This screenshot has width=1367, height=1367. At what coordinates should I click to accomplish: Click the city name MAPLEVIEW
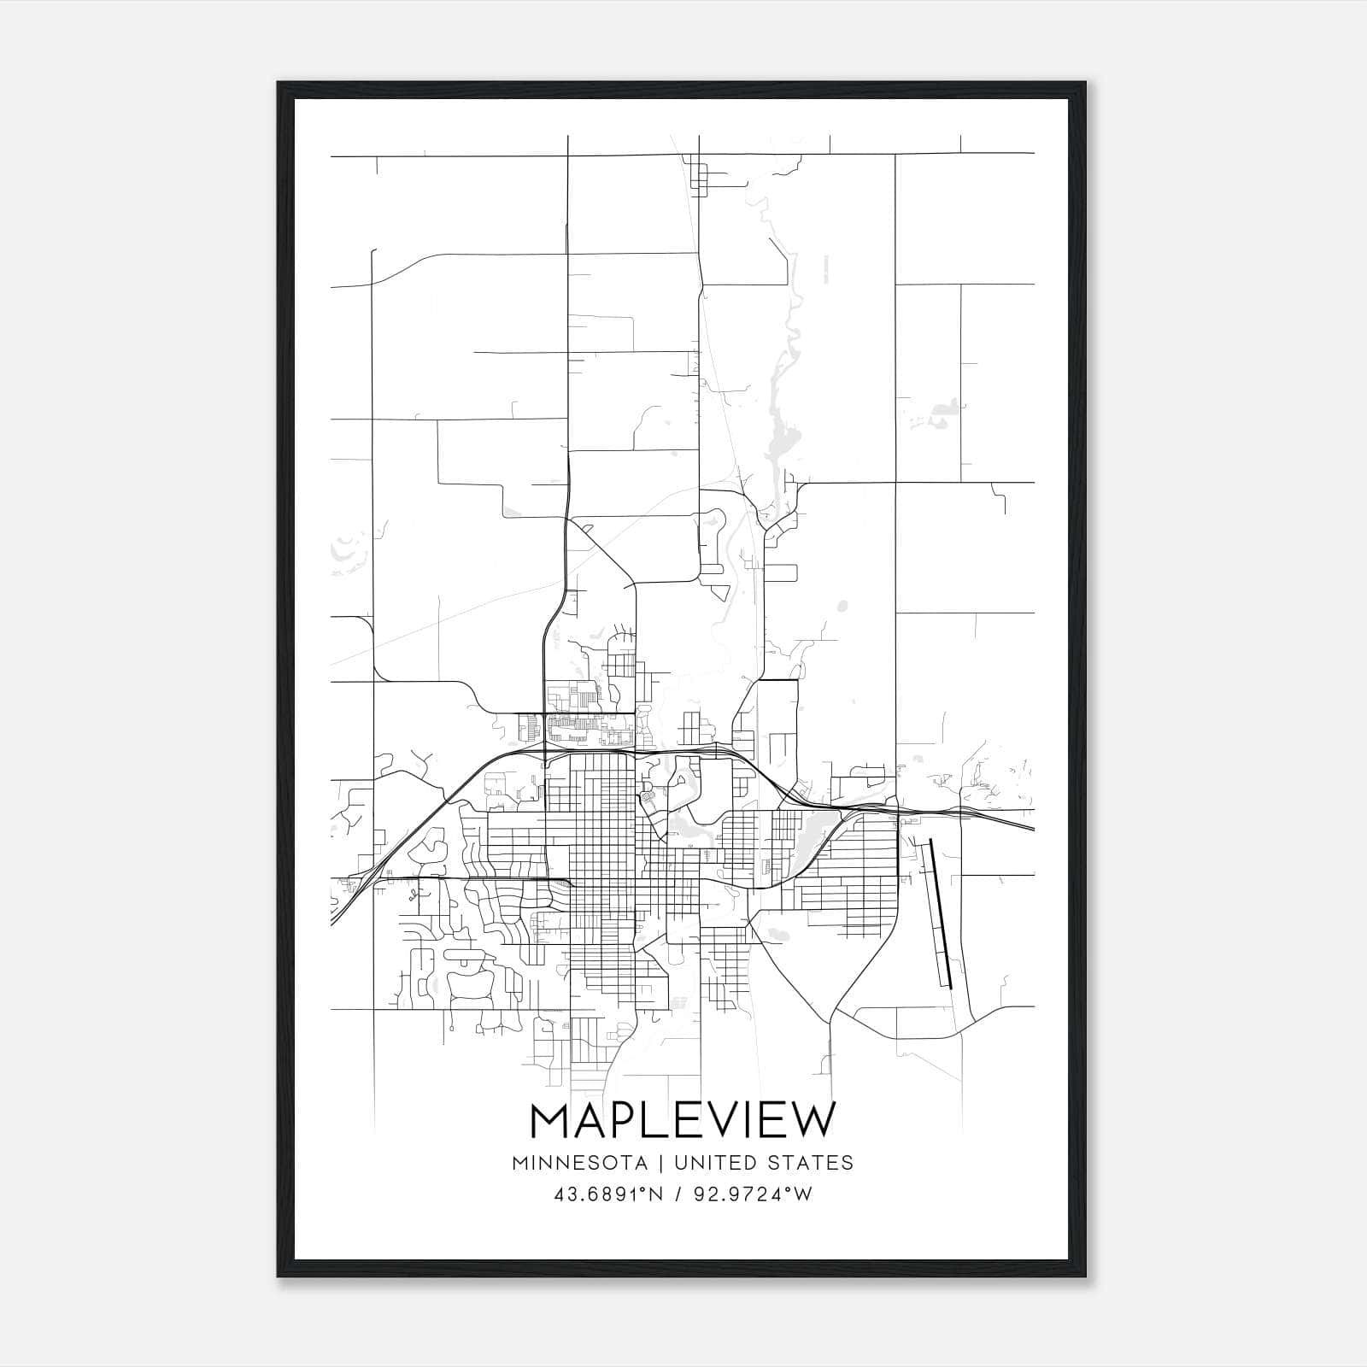coord(682,1120)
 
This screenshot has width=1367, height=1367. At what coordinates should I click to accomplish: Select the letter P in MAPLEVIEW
coord(625,1120)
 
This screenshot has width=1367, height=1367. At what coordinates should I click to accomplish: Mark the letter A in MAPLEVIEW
coord(590,1120)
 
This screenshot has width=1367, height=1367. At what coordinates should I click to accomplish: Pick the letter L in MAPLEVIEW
coord(657,1120)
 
